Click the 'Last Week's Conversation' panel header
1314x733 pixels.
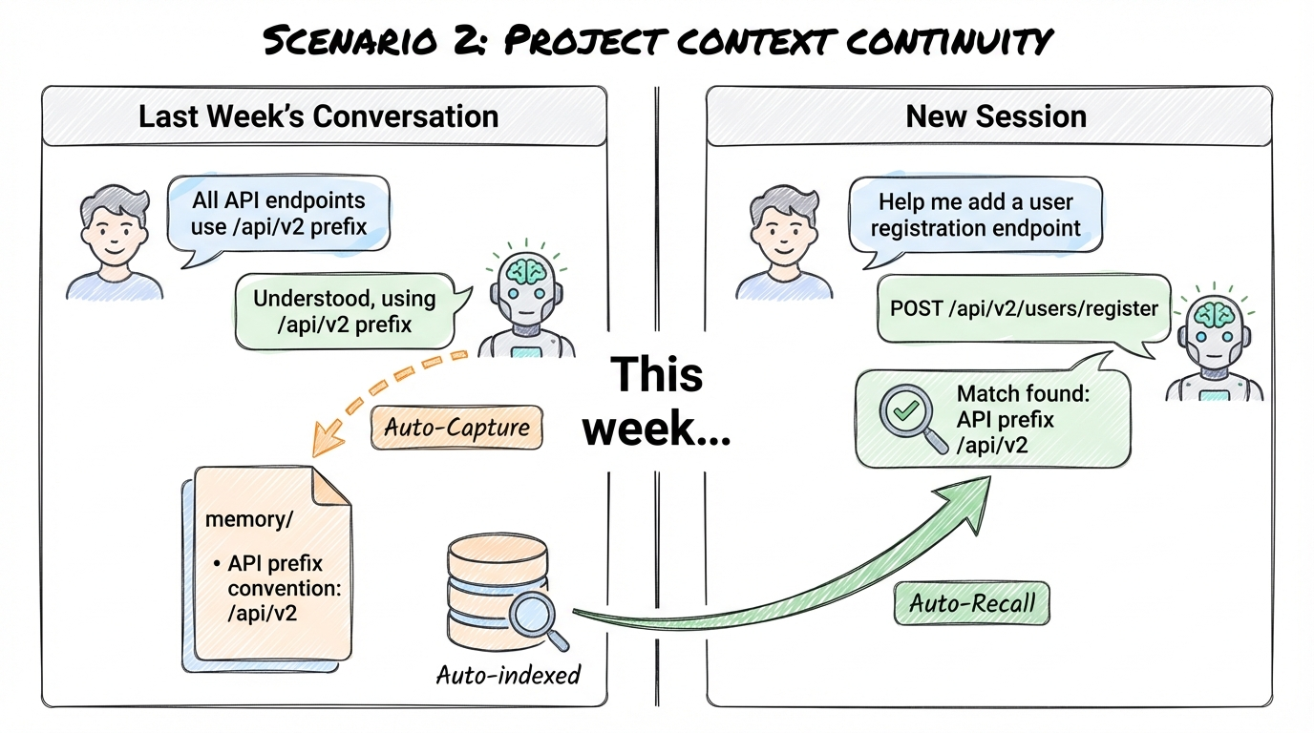point(319,116)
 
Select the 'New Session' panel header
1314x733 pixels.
point(995,116)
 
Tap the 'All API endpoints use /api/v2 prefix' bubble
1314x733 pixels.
point(278,214)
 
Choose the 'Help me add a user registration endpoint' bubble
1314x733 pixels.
point(975,216)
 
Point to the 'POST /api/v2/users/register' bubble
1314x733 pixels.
point(1023,308)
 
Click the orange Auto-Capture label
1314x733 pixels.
point(456,427)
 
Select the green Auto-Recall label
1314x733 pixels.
point(971,603)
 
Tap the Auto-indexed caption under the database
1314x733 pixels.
point(508,675)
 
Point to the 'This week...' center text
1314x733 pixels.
point(657,401)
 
